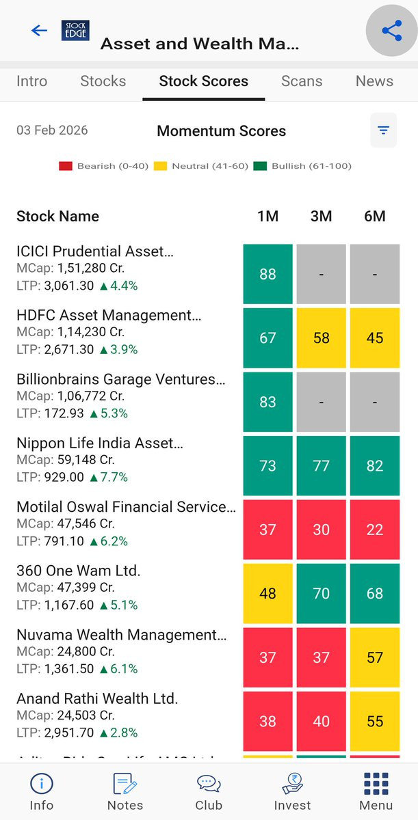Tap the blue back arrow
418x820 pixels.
(x=39, y=31)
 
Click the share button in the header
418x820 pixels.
(x=391, y=31)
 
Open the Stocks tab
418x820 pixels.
(x=103, y=81)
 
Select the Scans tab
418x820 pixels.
(x=301, y=81)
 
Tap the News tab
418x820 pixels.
(x=374, y=81)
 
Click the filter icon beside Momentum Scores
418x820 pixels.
(x=383, y=131)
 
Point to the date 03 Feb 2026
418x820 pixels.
(x=52, y=131)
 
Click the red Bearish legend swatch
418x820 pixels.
(x=66, y=166)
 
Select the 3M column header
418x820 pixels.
(x=321, y=217)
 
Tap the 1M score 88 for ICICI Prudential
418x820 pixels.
(x=267, y=274)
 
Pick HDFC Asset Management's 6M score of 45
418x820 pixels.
(x=374, y=338)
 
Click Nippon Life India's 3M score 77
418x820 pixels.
(x=321, y=465)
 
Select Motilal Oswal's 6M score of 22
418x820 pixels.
(x=374, y=530)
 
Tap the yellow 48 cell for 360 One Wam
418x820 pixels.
(x=267, y=593)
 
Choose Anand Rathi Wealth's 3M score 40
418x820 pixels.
(x=321, y=721)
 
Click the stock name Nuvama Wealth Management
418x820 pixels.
(x=121, y=635)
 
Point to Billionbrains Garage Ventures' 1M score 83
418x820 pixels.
(x=267, y=402)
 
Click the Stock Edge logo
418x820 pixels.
(x=75, y=31)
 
